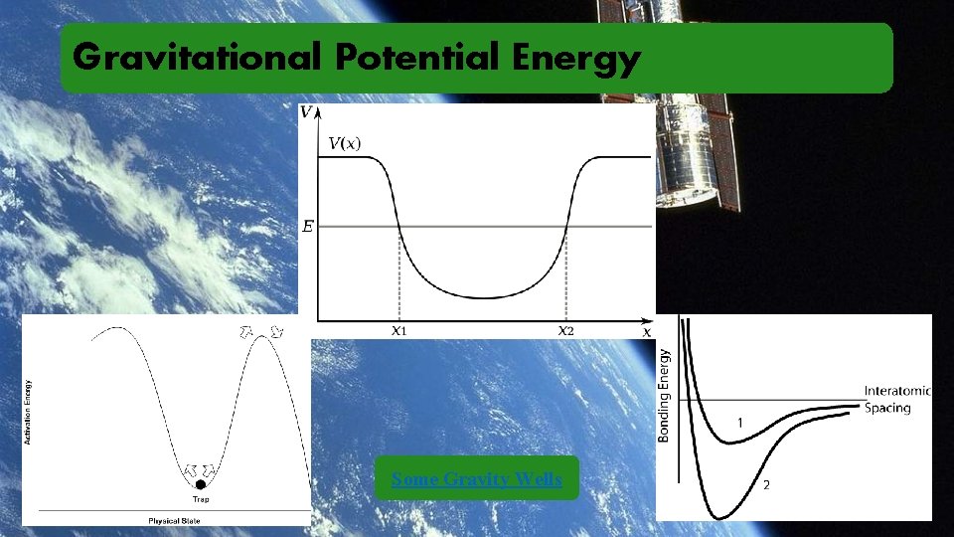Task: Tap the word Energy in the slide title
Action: coord(576,59)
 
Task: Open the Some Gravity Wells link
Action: coord(477,479)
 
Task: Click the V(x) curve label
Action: coord(345,143)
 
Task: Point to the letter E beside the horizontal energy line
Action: coord(307,227)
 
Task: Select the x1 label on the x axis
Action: coord(398,331)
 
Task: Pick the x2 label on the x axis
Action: coord(565,331)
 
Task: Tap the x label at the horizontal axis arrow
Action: coord(647,331)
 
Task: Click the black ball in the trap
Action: coord(200,484)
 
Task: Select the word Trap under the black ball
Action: coord(200,499)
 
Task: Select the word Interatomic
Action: coord(896,391)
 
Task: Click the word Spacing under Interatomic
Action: coord(886,408)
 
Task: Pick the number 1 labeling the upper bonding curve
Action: coord(739,424)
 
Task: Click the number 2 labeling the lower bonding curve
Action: coord(765,485)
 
